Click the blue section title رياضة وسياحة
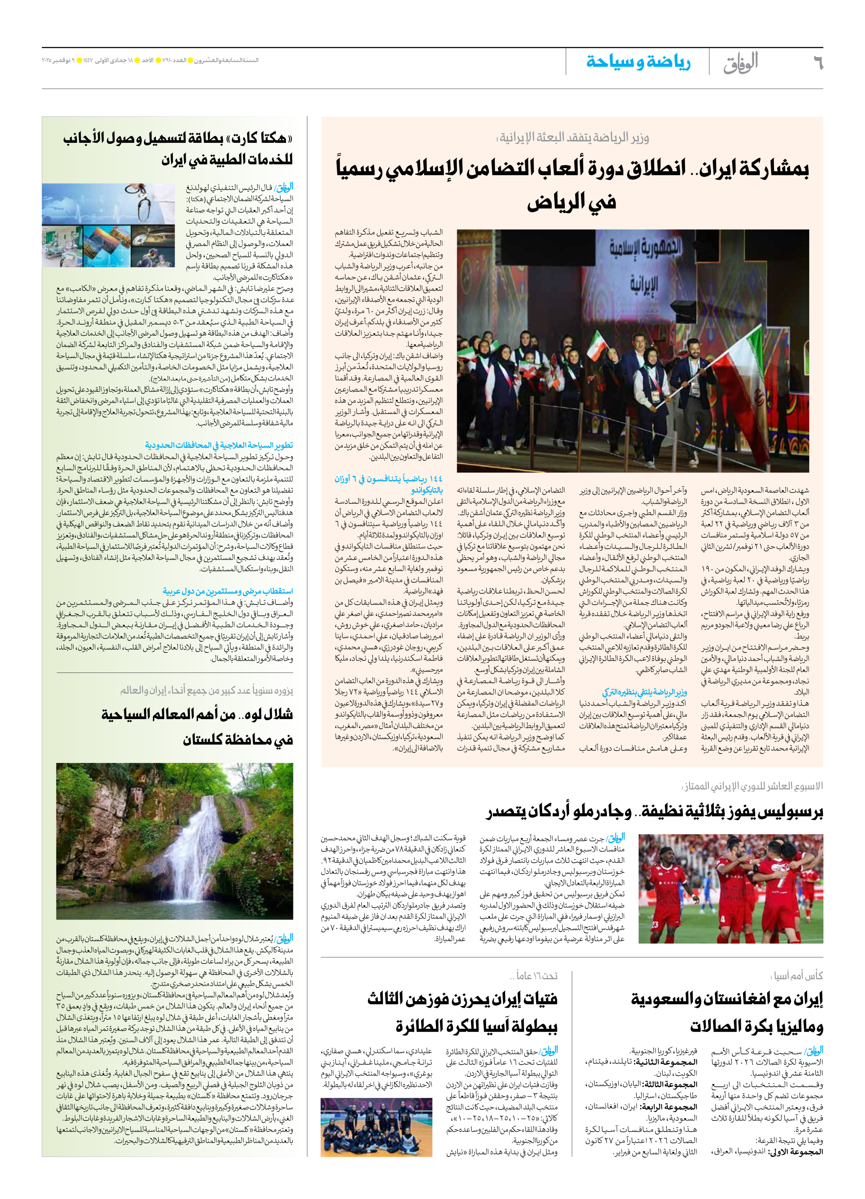coord(638,62)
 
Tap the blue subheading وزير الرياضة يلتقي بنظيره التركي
coord(644,691)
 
